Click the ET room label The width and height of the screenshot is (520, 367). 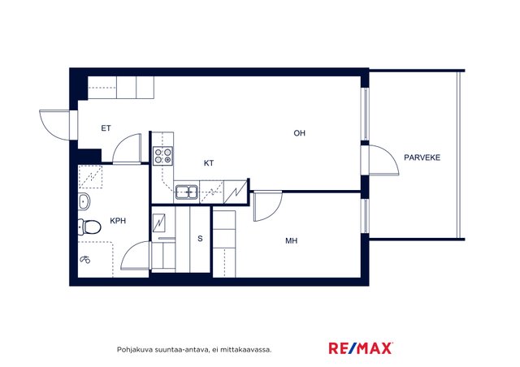106,128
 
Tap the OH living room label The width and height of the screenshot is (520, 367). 300,133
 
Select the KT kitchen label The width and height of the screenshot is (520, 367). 209,163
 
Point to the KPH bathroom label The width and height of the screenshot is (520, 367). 118,221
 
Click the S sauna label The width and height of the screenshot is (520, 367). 200,239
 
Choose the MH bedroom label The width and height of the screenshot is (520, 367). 292,240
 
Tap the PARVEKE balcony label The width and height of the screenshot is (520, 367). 422,158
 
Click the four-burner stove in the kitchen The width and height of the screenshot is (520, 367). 163,156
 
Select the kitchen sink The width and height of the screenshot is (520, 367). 187,192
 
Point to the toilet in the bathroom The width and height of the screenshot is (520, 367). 89,227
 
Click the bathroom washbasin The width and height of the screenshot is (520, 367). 84,201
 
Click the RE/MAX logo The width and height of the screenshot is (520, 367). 361,348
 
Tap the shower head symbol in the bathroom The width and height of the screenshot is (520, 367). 85,260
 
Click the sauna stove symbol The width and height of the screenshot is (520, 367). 159,222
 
